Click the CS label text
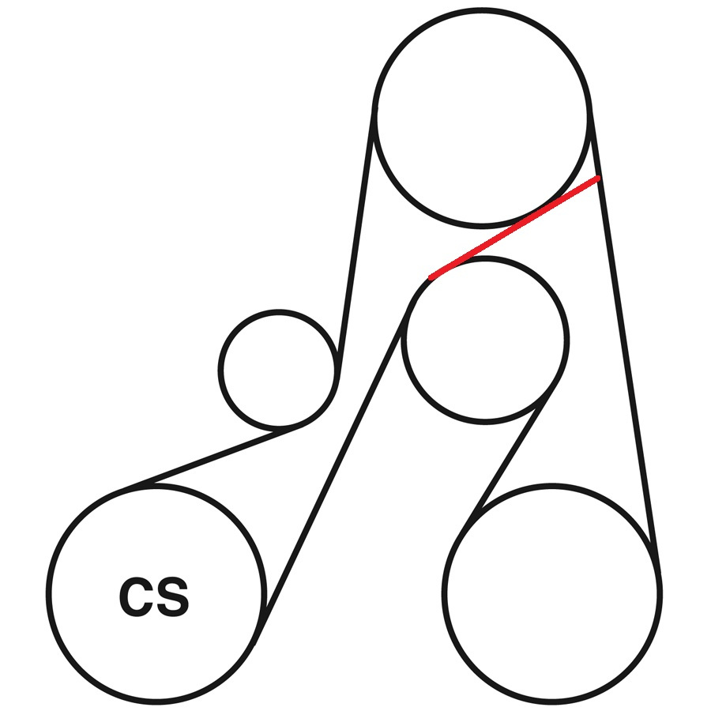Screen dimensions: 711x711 pos(154,596)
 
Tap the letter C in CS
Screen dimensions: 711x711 pos(137,596)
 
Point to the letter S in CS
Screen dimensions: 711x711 pos(172,596)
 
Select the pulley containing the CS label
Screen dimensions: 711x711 pos(156,593)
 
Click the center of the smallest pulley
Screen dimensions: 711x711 pos(279,370)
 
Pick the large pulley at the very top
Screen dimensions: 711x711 pos(483,117)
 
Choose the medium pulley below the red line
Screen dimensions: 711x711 pos(485,340)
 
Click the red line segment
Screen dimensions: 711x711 pos(514,228)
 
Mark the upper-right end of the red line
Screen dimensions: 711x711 pos(599,178)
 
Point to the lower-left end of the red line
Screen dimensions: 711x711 pos(431,278)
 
